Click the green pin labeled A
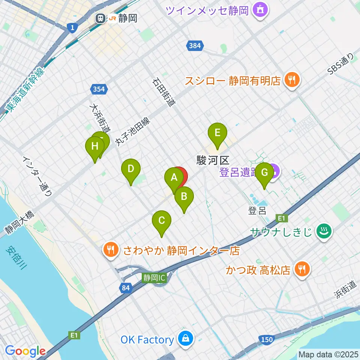[174, 178]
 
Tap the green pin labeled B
[184, 196]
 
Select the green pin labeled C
[161, 220]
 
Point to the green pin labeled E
[217, 133]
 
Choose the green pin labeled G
[264, 173]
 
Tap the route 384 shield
[195, 46]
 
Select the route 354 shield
[99, 89]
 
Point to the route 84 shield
[126, 288]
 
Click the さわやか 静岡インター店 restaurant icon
[110, 250]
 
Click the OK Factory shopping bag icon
[186, 339]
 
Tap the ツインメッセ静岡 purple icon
[259, 10]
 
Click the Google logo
[25, 351]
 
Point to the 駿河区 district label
[213, 161]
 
